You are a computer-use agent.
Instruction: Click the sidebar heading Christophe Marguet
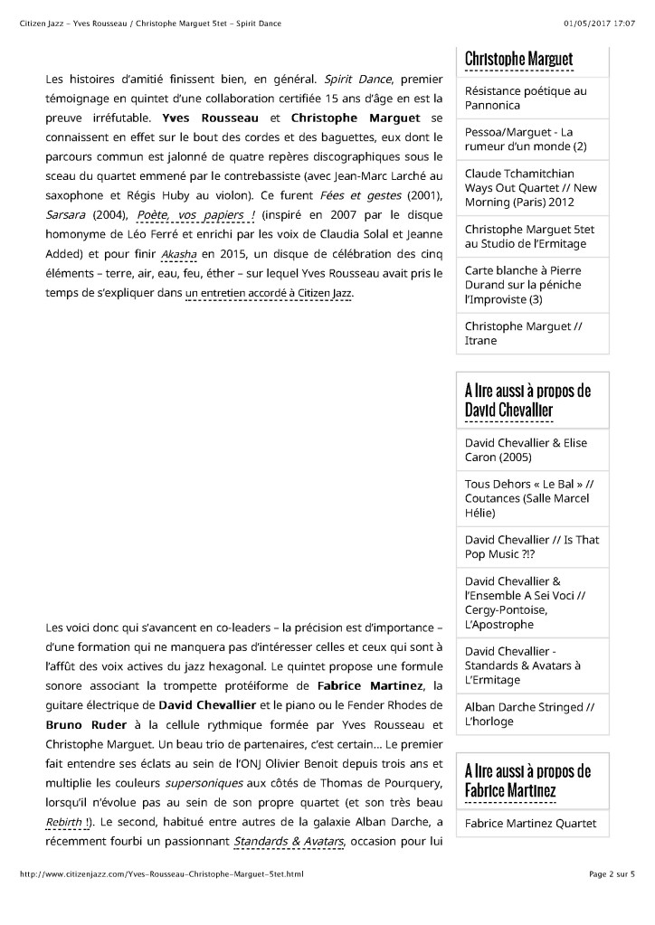coord(518,60)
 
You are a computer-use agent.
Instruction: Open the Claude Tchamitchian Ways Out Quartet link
coord(530,188)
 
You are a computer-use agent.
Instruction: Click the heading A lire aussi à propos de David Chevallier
coord(527,401)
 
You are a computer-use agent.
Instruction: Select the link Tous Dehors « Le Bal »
coord(529,498)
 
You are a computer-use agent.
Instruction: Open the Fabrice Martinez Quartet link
coord(530,823)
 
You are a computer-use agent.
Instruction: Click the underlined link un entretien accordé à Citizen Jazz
coord(270,294)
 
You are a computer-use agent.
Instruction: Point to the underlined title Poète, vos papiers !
coord(195,214)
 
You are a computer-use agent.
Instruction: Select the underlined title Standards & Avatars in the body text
coord(289,843)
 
